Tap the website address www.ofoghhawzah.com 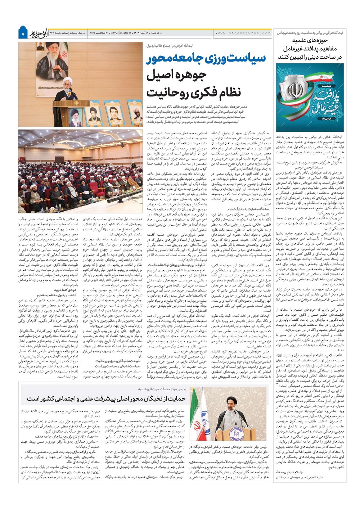click(244, 33)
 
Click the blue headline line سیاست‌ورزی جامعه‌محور click(206, 59)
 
